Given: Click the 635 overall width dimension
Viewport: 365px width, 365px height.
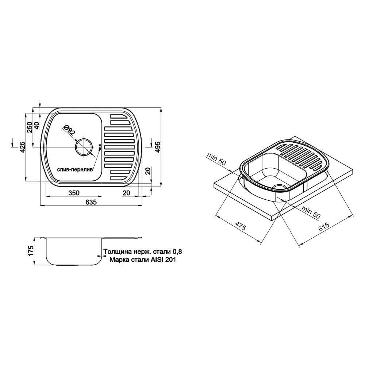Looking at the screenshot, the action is (x=91, y=202).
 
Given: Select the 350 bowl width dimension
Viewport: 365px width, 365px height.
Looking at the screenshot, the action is (x=74, y=193).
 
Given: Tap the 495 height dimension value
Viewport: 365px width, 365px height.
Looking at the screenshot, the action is (x=158, y=147).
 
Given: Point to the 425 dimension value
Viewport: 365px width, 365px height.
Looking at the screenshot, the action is (x=22, y=147).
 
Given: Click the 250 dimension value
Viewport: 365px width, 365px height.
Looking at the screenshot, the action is (x=30, y=127).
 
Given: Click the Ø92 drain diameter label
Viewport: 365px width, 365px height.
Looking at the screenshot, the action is (x=69, y=130).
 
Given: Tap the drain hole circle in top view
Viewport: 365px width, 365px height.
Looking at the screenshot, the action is (x=84, y=147).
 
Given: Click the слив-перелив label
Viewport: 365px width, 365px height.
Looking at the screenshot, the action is (x=75, y=169).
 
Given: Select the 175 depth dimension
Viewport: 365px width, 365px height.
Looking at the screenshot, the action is (x=31, y=251).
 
